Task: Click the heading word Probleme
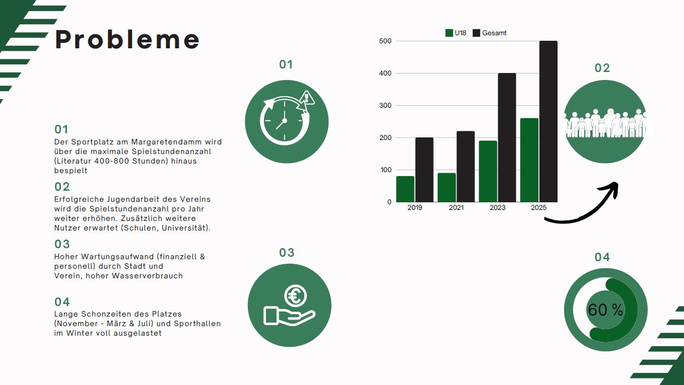tap(127, 39)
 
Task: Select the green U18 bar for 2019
tap(405, 189)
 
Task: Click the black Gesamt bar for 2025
tap(548, 121)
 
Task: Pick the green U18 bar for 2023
tap(488, 172)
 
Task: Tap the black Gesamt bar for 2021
tap(466, 167)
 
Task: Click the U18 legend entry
tap(456, 33)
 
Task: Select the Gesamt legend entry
tap(490, 33)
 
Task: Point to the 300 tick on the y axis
tap(385, 106)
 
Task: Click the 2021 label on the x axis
tap(456, 207)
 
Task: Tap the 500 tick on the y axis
tap(385, 41)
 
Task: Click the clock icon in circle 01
tap(285, 120)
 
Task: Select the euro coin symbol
tap(295, 295)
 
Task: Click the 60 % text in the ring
tap(605, 310)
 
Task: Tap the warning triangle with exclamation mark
tap(307, 98)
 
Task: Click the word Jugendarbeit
tap(133, 199)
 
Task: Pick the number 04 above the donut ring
tap(602, 257)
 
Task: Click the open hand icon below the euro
tap(289, 316)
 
